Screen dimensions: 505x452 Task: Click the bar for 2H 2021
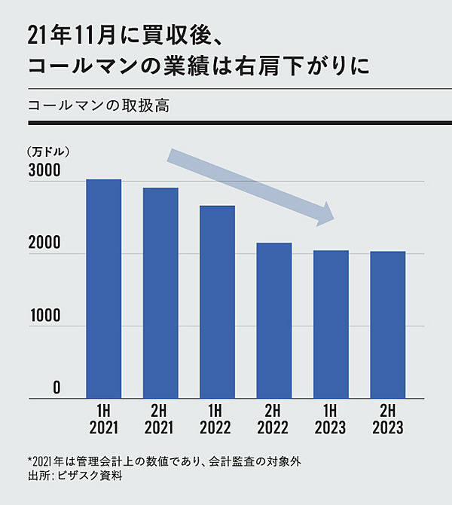[160, 293]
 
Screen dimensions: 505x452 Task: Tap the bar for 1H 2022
[217, 301]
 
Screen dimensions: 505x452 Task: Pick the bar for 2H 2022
[273, 320]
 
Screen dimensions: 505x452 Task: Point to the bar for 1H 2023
[331, 324]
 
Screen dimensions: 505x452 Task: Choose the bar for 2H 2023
[387, 325]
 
